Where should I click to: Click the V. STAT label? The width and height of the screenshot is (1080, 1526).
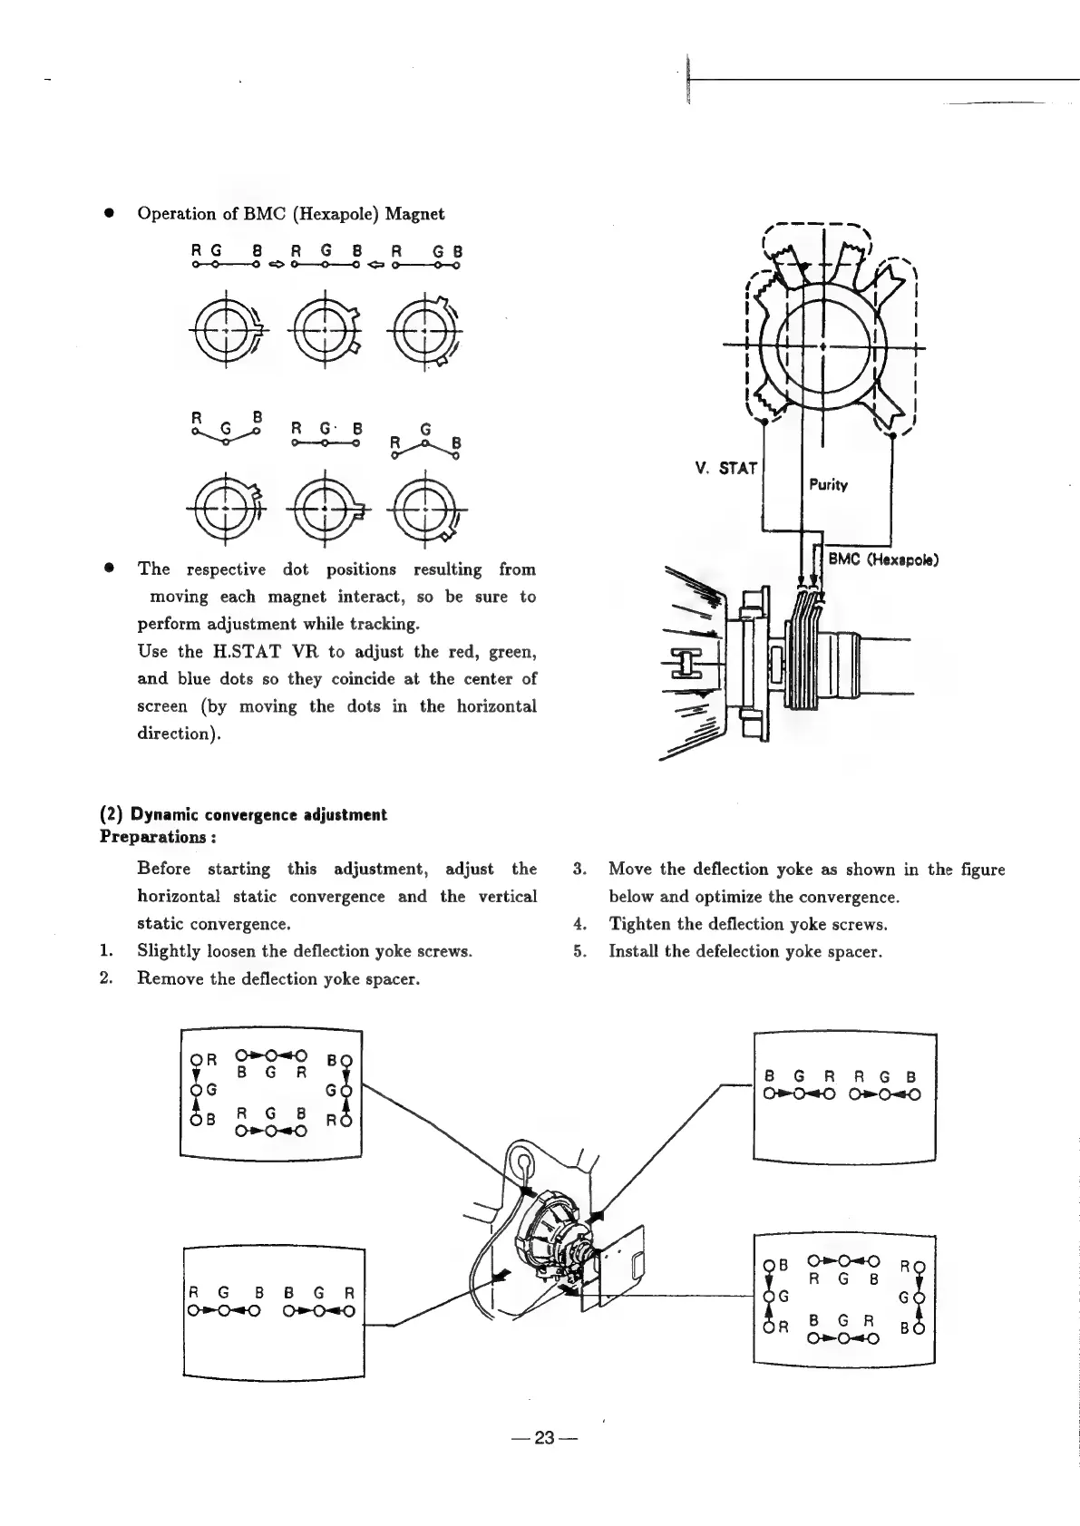[x=725, y=469]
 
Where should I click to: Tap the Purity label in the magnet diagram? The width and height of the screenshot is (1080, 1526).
[x=827, y=485]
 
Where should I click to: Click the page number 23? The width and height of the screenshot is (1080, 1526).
[x=543, y=1438]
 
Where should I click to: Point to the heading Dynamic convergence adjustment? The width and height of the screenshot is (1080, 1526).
[x=258, y=814]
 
